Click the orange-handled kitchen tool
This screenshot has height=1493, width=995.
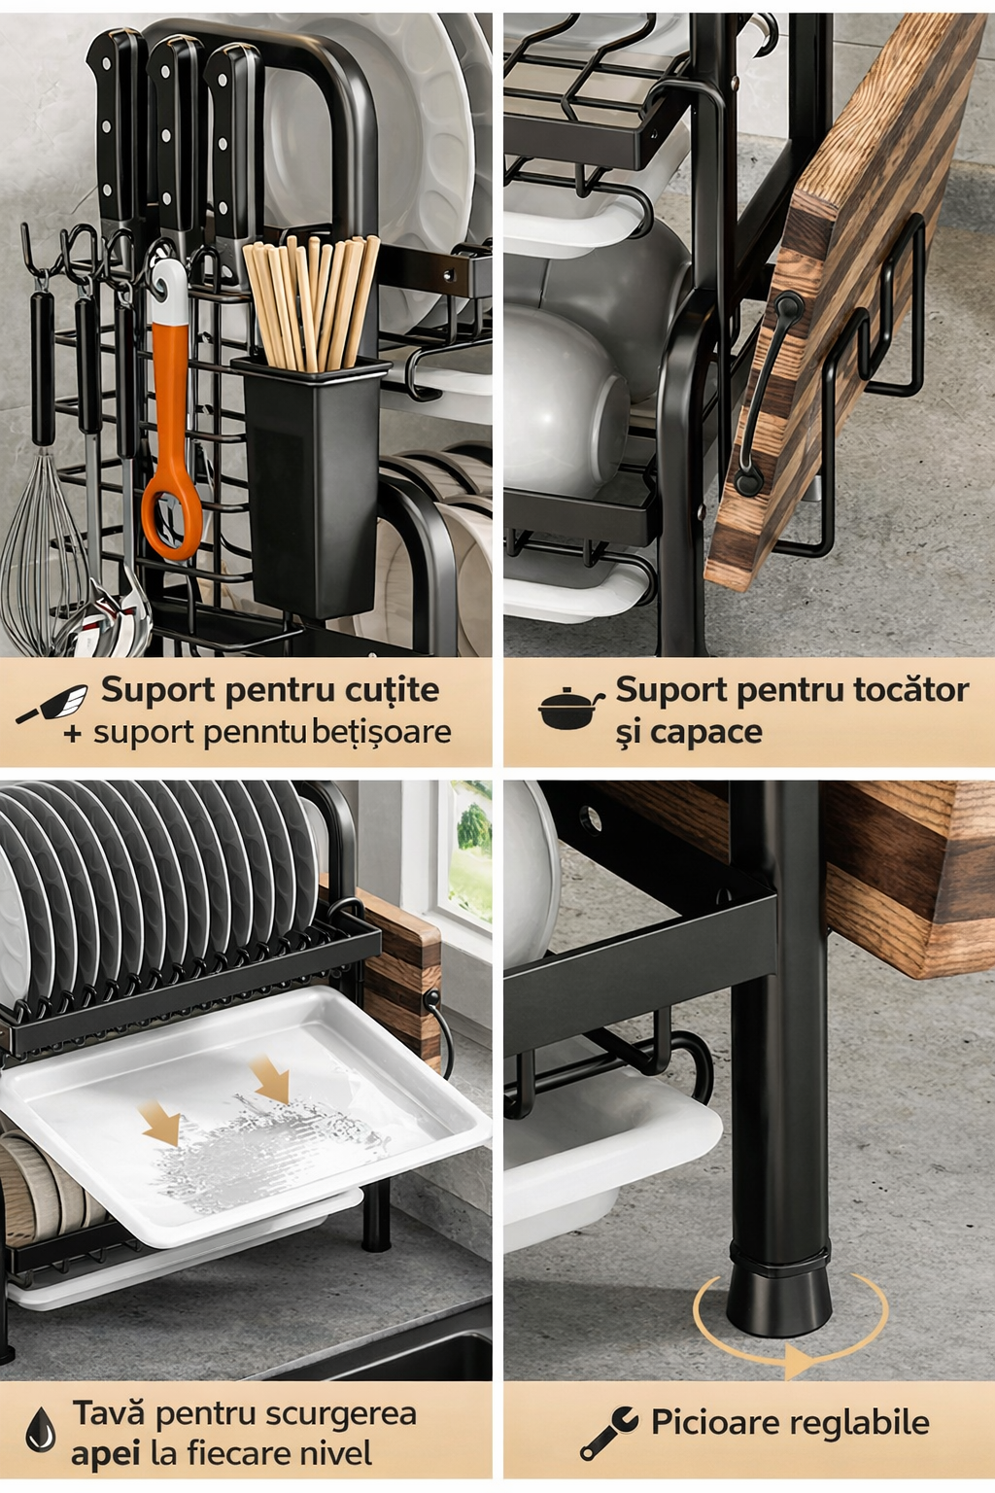171,413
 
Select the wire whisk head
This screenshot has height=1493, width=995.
40,553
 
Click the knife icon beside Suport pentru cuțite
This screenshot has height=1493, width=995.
51,704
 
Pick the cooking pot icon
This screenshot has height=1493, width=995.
570,709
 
